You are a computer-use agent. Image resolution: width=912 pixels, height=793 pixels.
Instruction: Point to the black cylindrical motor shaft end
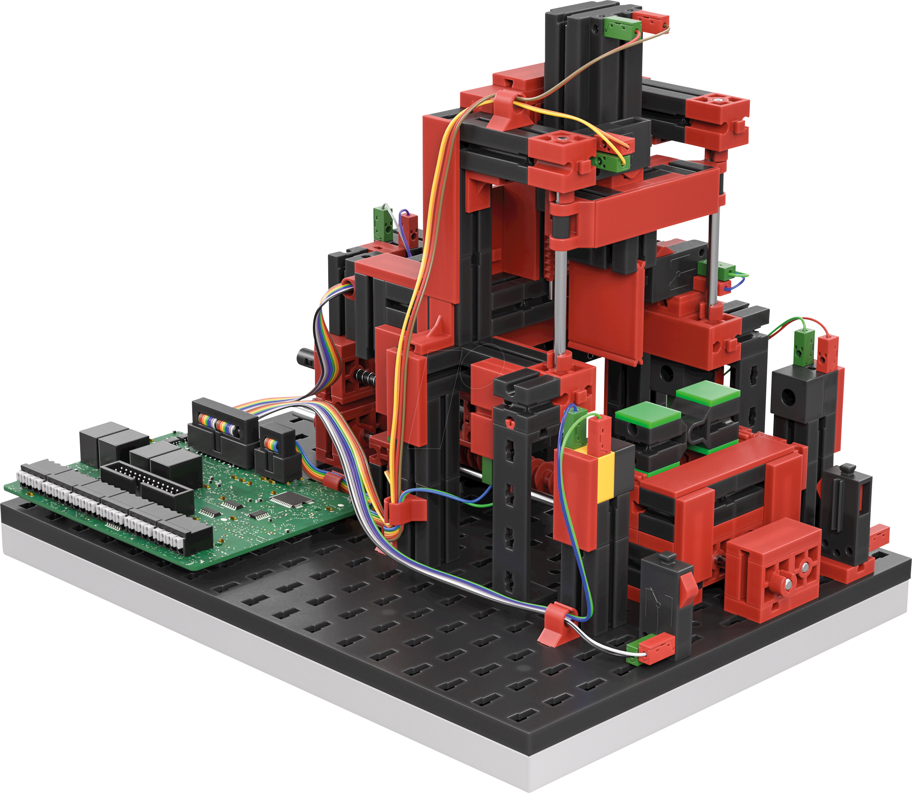click(x=306, y=355)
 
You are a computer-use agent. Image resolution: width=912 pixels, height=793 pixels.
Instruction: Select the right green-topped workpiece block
click(x=707, y=394)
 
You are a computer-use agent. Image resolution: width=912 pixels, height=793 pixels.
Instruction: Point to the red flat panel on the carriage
click(x=605, y=310)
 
